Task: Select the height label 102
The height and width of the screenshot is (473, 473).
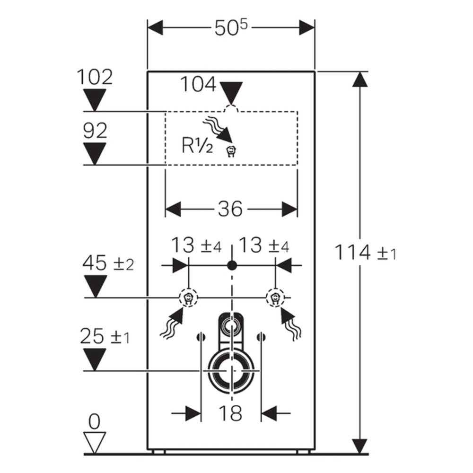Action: click(x=95, y=77)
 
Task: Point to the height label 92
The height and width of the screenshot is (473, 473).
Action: click(x=95, y=131)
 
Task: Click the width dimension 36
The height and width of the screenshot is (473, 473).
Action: click(x=230, y=209)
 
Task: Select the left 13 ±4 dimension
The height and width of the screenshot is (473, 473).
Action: click(x=195, y=246)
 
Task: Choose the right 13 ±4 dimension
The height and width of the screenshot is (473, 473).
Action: click(x=263, y=246)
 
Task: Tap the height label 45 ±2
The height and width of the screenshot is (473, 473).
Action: click(x=108, y=263)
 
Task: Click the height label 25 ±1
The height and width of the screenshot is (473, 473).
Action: click(x=106, y=337)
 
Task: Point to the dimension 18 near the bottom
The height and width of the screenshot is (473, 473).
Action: click(x=230, y=413)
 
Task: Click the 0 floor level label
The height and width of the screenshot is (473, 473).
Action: click(x=95, y=421)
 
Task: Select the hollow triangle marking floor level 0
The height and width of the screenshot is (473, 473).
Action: click(x=95, y=442)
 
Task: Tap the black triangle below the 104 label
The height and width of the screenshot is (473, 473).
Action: click(x=231, y=93)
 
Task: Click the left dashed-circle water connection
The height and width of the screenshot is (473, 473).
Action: click(x=189, y=298)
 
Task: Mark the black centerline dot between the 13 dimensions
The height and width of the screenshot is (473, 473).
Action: click(x=231, y=265)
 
